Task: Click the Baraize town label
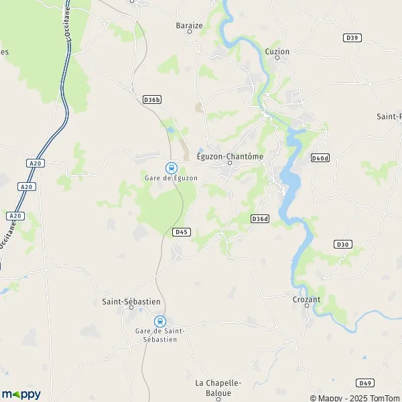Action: (188, 25)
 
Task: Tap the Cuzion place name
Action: (277, 51)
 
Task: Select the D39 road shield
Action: (351, 38)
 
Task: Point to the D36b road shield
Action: (152, 100)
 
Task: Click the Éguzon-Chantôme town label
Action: (230, 156)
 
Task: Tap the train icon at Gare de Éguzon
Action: (171, 167)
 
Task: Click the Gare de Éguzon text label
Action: (171, 178)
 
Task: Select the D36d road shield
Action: (259, 218)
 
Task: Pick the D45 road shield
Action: (181, 232)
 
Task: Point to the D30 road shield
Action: (343, 244)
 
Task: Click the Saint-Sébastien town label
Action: (131, 301)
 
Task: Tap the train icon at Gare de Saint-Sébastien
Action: (159, 321)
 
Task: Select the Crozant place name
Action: (307, 299)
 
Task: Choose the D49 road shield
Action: (364, 383)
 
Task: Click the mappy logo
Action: (21, 394)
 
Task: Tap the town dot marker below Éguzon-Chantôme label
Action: (229, 163)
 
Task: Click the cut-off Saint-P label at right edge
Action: (389, 116)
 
